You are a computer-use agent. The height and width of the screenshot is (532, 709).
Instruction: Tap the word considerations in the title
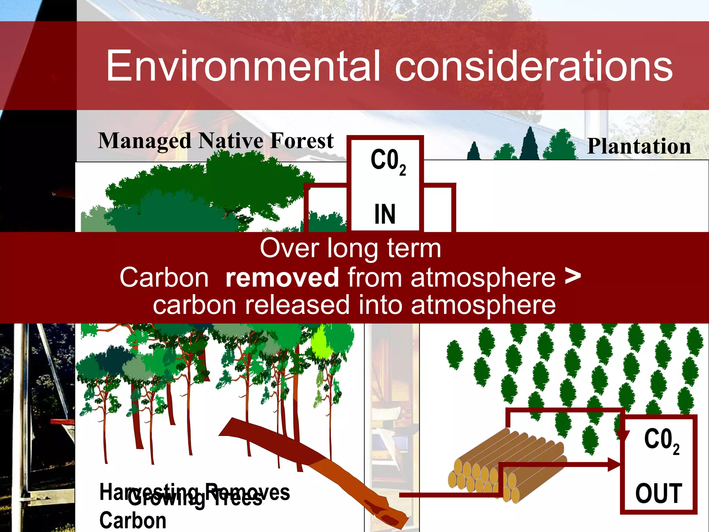click(533, 66)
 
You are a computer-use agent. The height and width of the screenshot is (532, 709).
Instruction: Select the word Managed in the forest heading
click(144, 141)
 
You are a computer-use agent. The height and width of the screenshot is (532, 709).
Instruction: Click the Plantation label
click(639, 146)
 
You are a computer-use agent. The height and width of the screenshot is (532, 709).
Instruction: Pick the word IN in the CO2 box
click(385, 214)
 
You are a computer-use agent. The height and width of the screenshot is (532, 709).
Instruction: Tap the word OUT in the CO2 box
click(658, 493)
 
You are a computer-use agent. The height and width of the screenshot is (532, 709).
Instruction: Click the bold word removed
click(282, 277)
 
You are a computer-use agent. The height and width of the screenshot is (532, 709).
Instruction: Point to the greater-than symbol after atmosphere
click(573, 276)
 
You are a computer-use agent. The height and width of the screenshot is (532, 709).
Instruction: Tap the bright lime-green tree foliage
click(321, 343)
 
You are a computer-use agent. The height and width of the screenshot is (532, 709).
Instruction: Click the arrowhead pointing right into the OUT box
click(614, 464)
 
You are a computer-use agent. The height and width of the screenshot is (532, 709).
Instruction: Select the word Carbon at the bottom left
click(133, 521)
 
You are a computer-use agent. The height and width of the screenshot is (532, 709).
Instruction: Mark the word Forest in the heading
click(302, 141)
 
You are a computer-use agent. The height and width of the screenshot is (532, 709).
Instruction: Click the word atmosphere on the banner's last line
click(483, 305)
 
